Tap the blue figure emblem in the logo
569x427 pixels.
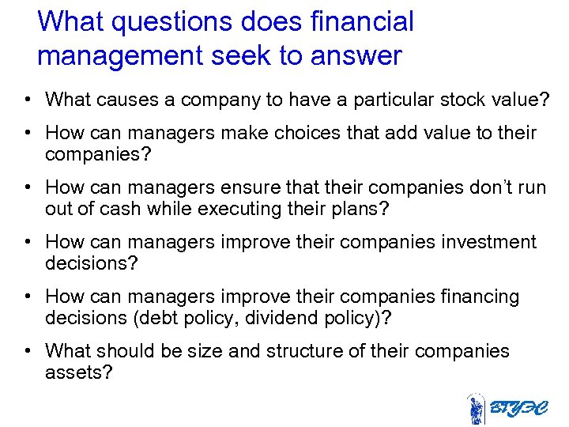point(476,410)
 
